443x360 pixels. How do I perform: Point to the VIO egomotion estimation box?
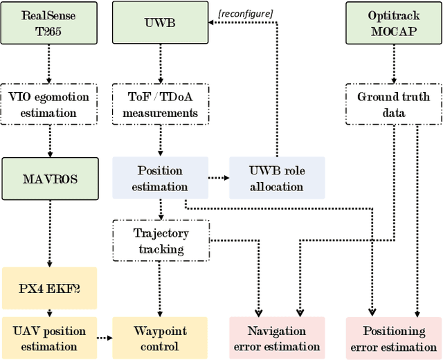pyautogui.click(x=48, y=105)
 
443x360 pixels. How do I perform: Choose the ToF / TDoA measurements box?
pyautogui.click(x=161, y=105)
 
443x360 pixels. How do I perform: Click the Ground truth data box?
pyautogui.click(x=393, y=105)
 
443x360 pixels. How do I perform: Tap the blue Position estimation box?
pyautogui.click(x=161, y=178)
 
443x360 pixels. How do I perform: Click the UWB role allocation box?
pyautogui.click(x=276, y=178)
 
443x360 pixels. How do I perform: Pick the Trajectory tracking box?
pyautogui.click(x=161, y=240)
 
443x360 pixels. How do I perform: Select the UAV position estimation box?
pyautogui.click(x=48, y=338)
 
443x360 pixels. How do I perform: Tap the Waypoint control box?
pyautogui.click(x=161, y=338)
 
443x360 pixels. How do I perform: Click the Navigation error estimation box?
pyautogui.click(x=276, y=338)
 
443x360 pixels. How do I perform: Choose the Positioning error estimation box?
pyautogui.click(x=393, y=338)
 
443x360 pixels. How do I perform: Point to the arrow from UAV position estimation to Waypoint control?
pyautogui.click(x=105, y=338)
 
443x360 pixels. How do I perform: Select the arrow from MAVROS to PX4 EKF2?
pyautogui.click(x=48, y=232)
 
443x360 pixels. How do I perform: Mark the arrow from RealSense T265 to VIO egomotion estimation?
pyautogui.click(x=48, y=66)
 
